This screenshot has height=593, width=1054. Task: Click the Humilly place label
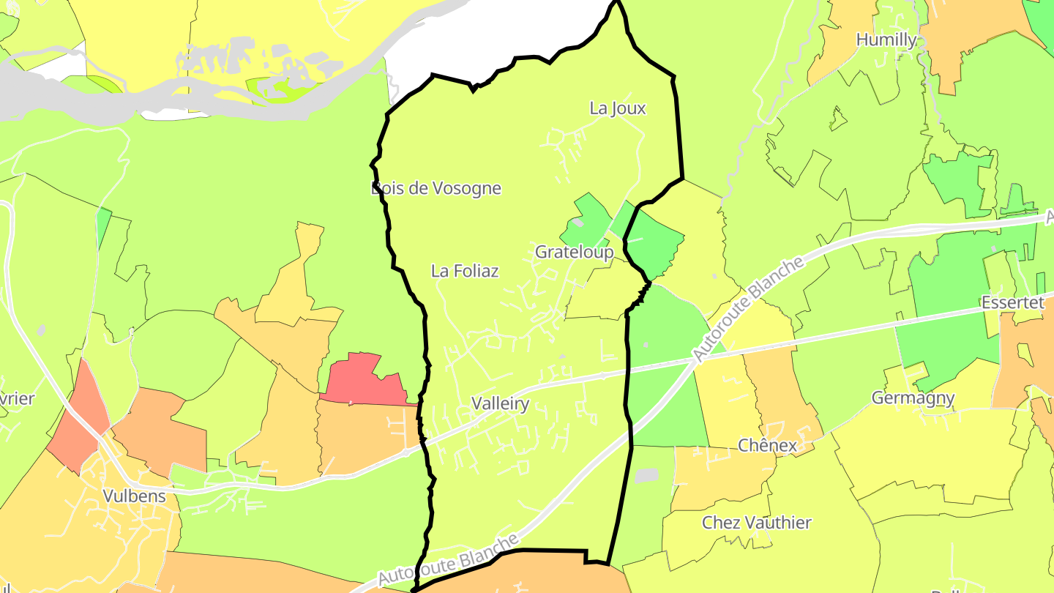(886, 40)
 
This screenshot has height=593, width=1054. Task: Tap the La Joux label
(618, 108)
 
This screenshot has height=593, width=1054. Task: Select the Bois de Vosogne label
(436, 188)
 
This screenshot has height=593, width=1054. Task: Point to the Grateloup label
(574, 253)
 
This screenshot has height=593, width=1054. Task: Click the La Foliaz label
(465, 271)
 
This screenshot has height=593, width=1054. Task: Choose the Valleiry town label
(500, 403)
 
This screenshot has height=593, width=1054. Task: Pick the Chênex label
(767, 445)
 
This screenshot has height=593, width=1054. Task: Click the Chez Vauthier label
(757, 523)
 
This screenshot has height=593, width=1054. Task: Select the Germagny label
(913, 398)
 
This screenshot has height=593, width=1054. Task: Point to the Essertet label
(1012, 303)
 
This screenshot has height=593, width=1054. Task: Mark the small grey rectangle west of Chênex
(646, 476)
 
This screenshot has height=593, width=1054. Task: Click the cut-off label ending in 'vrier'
(17, 399)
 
